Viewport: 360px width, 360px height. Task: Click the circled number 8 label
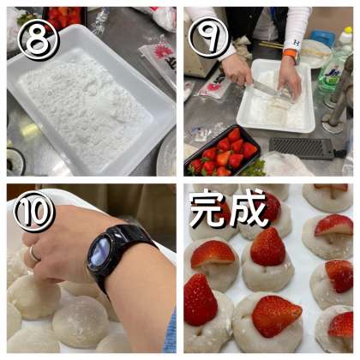pyautogui.click(x=39, y=42)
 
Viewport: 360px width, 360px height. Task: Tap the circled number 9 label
pyautogui.click(x=210, y=38)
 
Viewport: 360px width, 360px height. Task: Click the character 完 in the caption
pyautogui.click(x=208, y=210)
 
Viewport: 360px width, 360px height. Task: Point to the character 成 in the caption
pyautogui.click(x=249, y=208)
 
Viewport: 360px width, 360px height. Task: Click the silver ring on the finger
pyautogui.click(x=34, y=253)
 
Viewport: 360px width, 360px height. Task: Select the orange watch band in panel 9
pyautogui.click(x=291, y=54)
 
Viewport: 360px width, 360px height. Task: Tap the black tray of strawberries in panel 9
pyautogui.click(x=223, y=152)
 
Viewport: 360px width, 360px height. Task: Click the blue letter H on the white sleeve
pyautogui.click(x=297, y=44)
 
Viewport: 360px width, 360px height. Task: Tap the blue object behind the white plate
pyautogui.click(x=322, y=37)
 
